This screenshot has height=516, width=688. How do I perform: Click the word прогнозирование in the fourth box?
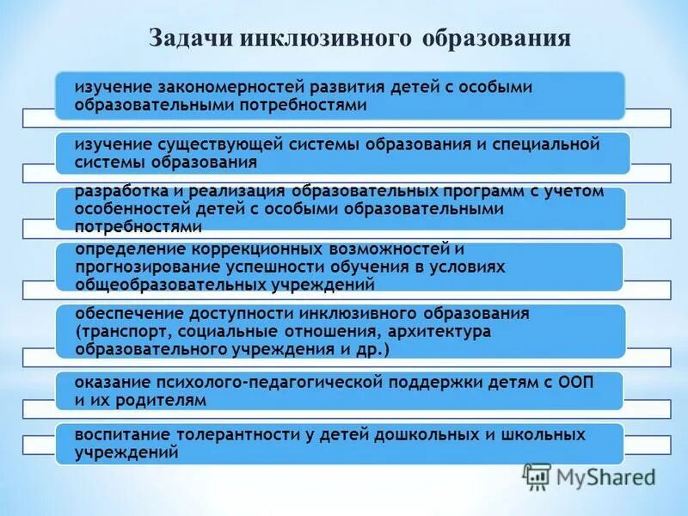pyautogui.click(x=142, y=267)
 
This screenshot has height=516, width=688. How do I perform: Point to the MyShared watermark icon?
pyautogui.click(x=537, y=476)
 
